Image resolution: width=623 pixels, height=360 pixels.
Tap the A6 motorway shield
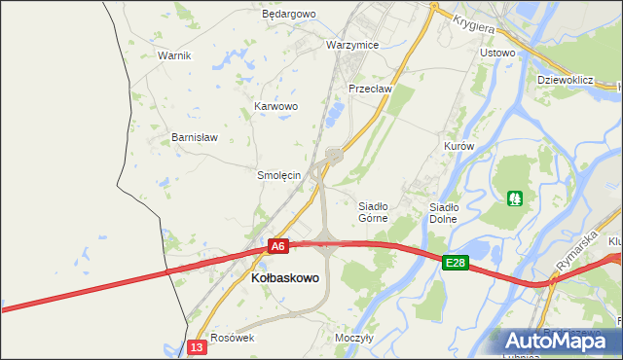click(x=278, y=247)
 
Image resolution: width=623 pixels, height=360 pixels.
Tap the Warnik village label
click(x=174, y=55)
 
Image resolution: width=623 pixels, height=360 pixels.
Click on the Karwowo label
click(x=275, y=106)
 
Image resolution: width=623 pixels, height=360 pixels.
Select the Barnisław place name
click(x=195, y=137)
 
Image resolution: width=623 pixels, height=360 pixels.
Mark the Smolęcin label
click(x=278, y=176)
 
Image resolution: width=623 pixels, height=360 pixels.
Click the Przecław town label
click(x=370, y=89)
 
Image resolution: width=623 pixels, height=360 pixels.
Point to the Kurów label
click(x=458, y=146)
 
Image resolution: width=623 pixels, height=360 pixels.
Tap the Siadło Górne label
click(x=373, y=212)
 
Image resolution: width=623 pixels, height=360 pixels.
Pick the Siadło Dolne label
click(x=444, y=212)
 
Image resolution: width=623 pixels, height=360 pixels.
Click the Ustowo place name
click(x=497, y=52)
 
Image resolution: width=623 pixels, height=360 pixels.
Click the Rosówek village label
click(x=232, y=338)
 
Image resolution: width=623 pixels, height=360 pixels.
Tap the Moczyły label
click(x=354, y=338)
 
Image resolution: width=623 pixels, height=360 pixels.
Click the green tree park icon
click(x=514, y=198)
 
